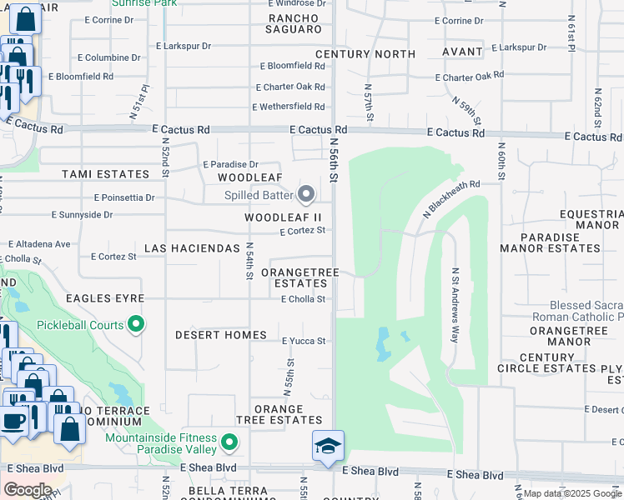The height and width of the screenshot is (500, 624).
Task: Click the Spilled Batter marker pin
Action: pos(306,195)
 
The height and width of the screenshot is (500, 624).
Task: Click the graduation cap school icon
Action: pos(328,445)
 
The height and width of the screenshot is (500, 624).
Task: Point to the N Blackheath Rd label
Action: pos(451,199)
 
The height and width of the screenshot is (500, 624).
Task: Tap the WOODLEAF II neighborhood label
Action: pos(283,217)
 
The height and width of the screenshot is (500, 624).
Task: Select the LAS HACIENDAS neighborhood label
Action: pos(192,249)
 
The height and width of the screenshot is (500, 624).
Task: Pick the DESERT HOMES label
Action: pos(220,335)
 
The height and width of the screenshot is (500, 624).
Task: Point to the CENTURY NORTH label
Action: pos(365,54)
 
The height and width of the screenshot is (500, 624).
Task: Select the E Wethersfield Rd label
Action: pos(289,107)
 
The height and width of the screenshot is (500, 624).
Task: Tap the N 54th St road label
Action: pos(249,260)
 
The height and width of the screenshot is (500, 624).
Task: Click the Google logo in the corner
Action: pos(28,490)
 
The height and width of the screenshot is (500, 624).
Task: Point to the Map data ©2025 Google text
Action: pos(572,494)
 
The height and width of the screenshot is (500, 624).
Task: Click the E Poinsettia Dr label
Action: pos(124,198)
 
